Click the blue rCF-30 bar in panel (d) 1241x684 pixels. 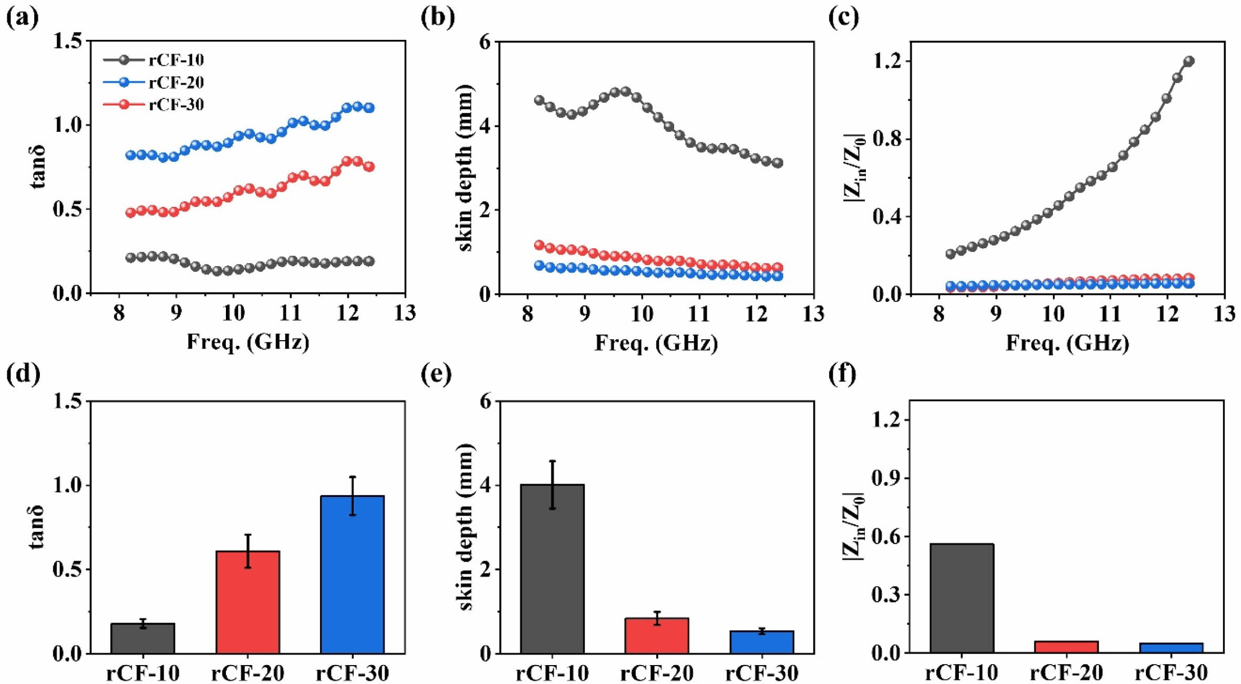click(x=352, y=574)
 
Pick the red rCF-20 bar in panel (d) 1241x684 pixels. click(x=247, y=602)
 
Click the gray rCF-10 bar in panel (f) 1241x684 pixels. click(x=961, y=598)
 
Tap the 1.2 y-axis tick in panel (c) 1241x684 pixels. click(x=887, y=61)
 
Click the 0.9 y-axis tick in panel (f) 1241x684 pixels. click(x=887, y=478)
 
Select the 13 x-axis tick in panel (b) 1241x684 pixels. click(x=813, y=314)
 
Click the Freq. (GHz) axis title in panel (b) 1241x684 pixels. click(x=656, y=343)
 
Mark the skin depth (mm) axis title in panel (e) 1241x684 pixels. click(x=466, y=527)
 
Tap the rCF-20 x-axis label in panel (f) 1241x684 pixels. click(x=1067, y=672)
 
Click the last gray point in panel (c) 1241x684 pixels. click(x=1189, y=61)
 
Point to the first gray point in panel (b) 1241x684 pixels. click(x=539, y=100)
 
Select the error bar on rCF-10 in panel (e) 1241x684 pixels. click(x=552, y=485)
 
